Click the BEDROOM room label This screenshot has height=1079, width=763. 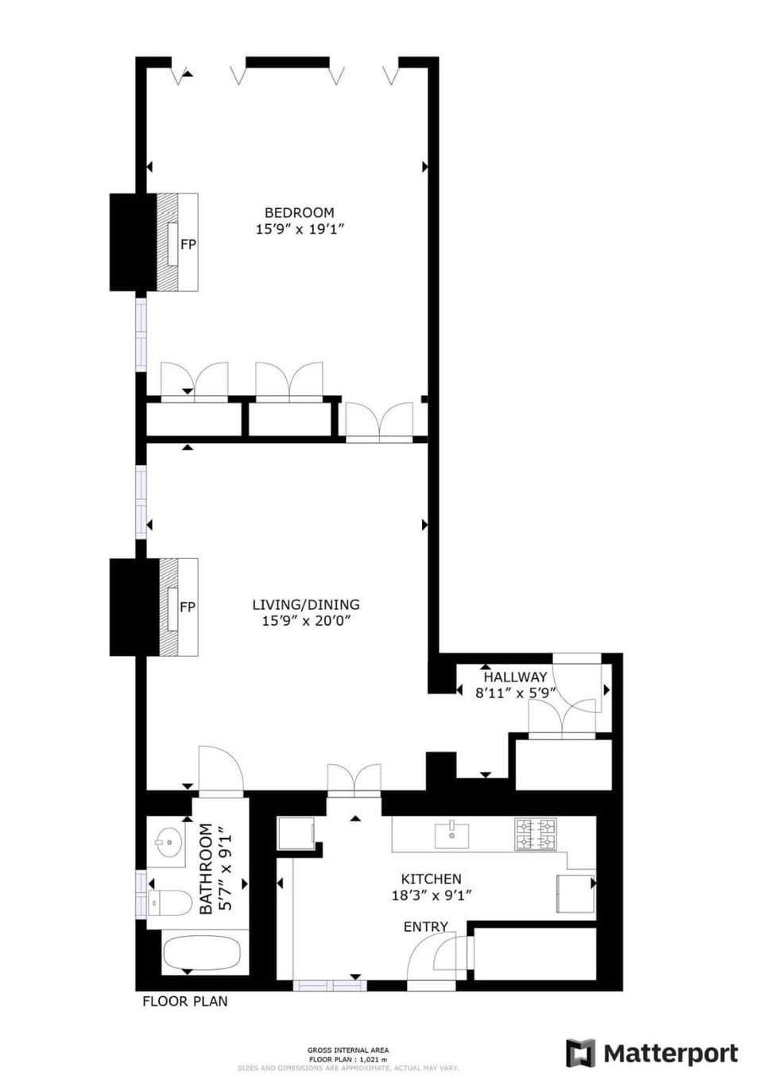[299, 212]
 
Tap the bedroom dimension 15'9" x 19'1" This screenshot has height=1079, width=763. [299, 229]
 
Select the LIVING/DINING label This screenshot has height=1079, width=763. [306, 604]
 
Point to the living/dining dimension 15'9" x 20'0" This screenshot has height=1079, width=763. [306, 621]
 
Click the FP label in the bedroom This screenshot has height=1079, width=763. [188, 244]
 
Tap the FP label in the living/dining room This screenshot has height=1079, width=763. [188, 607]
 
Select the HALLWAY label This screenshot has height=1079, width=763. [515, 677]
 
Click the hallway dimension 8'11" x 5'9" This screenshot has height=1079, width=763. [515, 693]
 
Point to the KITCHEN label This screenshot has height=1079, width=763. [431, 879]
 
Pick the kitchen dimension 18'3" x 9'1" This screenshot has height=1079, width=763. [432, 895]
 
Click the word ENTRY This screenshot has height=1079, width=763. [425, 926]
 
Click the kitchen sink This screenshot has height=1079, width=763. [451, 835]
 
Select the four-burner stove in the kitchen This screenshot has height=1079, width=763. [535, 834]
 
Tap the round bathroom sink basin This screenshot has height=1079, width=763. [168, 841]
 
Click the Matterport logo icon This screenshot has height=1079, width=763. [580, 1054]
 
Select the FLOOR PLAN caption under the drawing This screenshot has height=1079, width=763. [184, 1001]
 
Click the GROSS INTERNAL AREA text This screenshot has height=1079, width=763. [348, 1050]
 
